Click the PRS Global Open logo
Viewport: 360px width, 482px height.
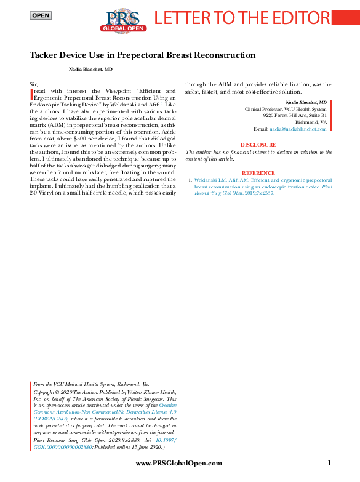click(x=123, y=20)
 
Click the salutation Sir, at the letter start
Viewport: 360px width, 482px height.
click(x=34, y=83)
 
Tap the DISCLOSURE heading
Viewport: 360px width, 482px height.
click(x=258, y=145)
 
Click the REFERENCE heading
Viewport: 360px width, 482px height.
click(x=258, y=173)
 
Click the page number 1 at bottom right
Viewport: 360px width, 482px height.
click(x=330, y=464)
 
